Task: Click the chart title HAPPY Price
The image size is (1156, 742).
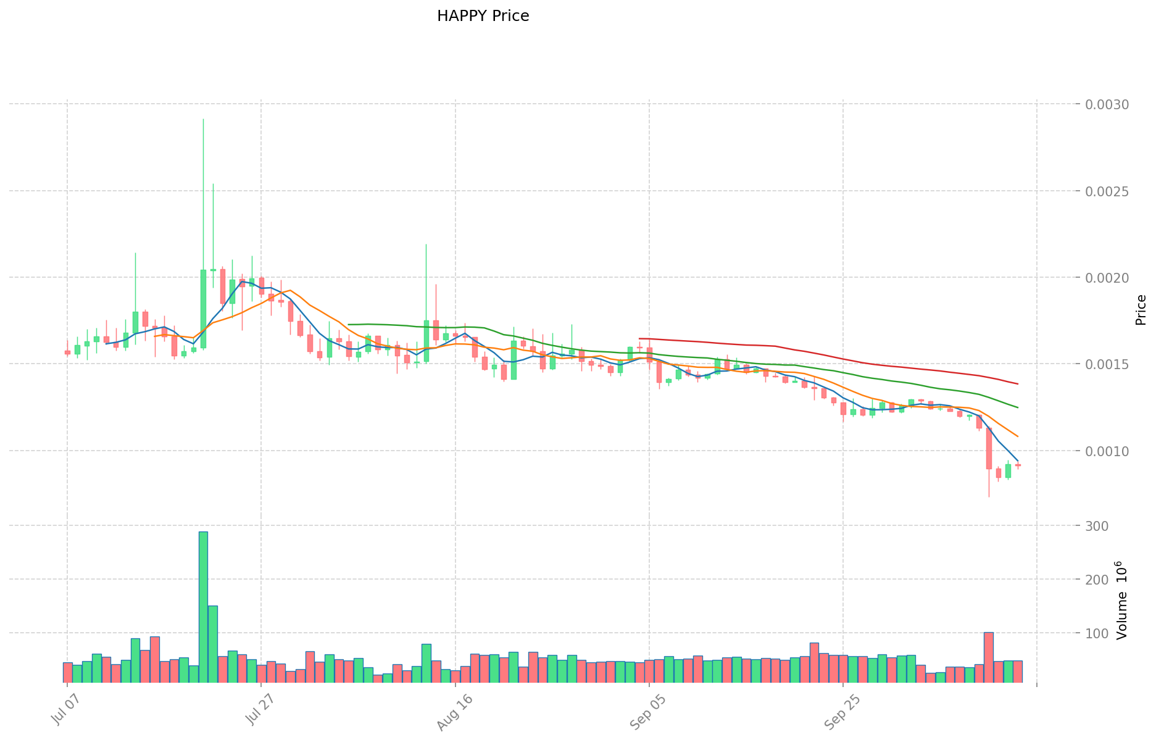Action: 483,16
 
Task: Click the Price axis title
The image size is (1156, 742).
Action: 1141,310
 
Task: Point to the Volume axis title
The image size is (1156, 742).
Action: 1122,601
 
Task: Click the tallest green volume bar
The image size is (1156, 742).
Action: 203,607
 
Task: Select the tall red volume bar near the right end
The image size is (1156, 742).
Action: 988,657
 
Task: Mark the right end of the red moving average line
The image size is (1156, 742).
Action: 1018,384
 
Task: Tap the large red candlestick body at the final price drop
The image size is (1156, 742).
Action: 989,448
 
